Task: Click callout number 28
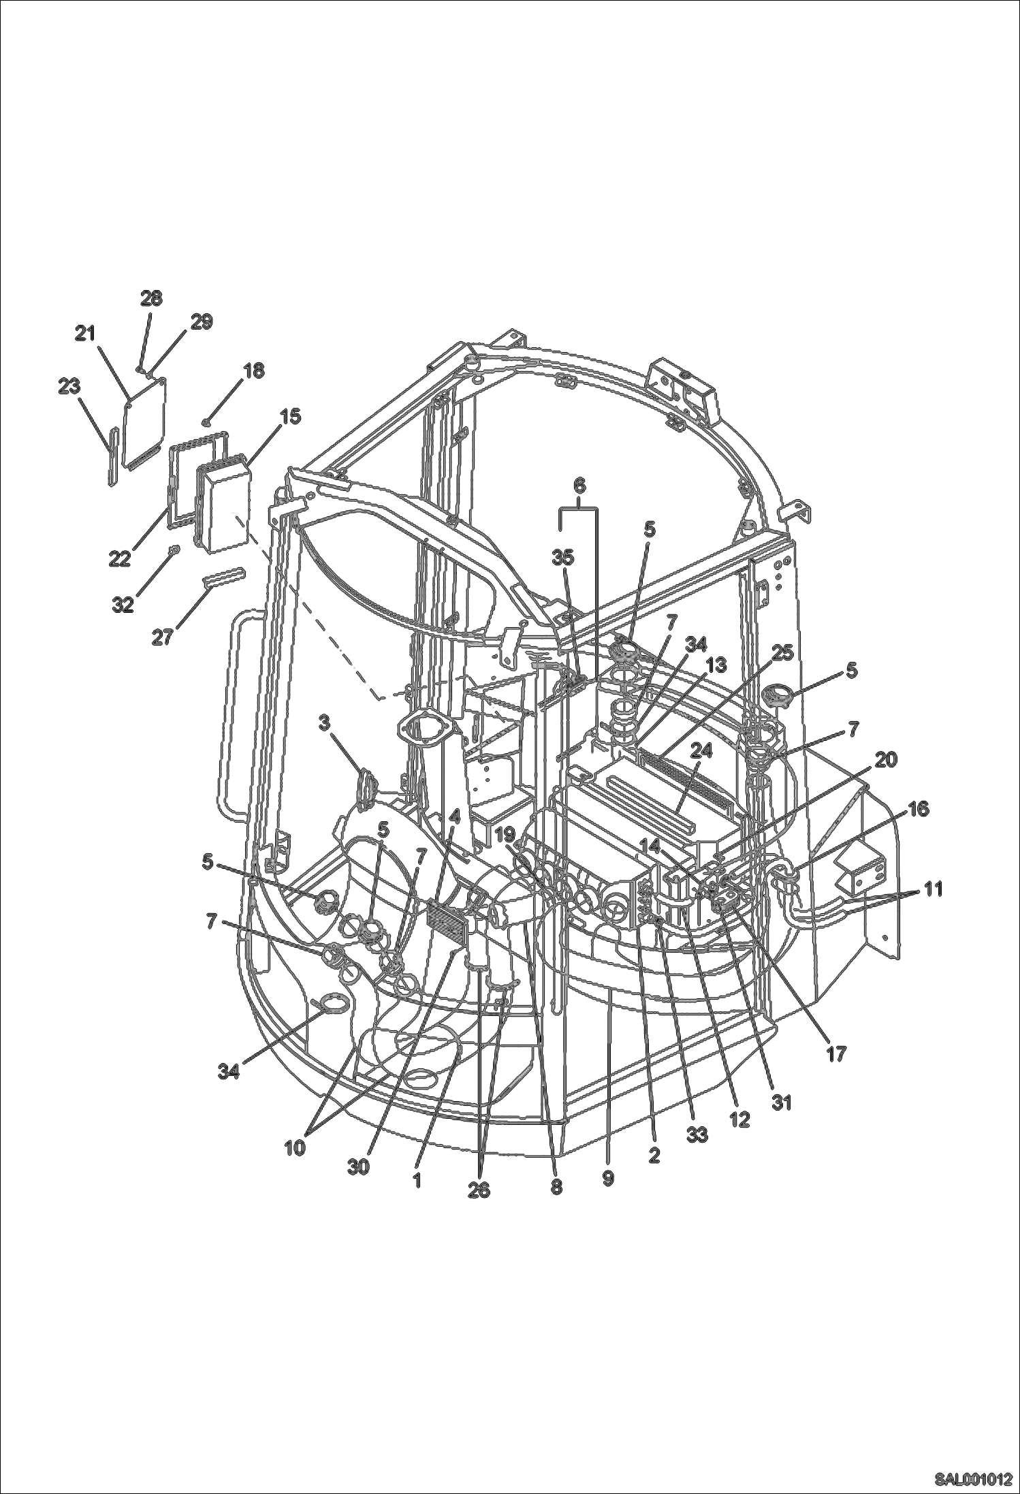pyautogui.click(x=151, y=298)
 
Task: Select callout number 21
pyautogui.click(x=86, y=334)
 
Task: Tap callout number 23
pyautogui.click(x=69, y=386)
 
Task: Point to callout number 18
pyautogui.click(x=254, y=370)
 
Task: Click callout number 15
pyautogui.click(x=290, y=416)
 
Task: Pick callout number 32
pyautogui.click(x=123, y=604)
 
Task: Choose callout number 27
pyautogui.click(x=161, y=638)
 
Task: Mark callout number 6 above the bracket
pyautogui.click(x=579, y=486)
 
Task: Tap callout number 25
pyautogui.click(x=783, y=652)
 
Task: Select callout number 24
pyautogui.click(x=701, y=750)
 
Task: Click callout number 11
pyautogui.click(x=934, y=889)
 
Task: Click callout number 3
pyautogui.click(x=325, y=722)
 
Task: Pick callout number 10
pyautogui.click(x=295, y=1147)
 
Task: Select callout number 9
pyautogui.click(x=608, y=1179)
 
